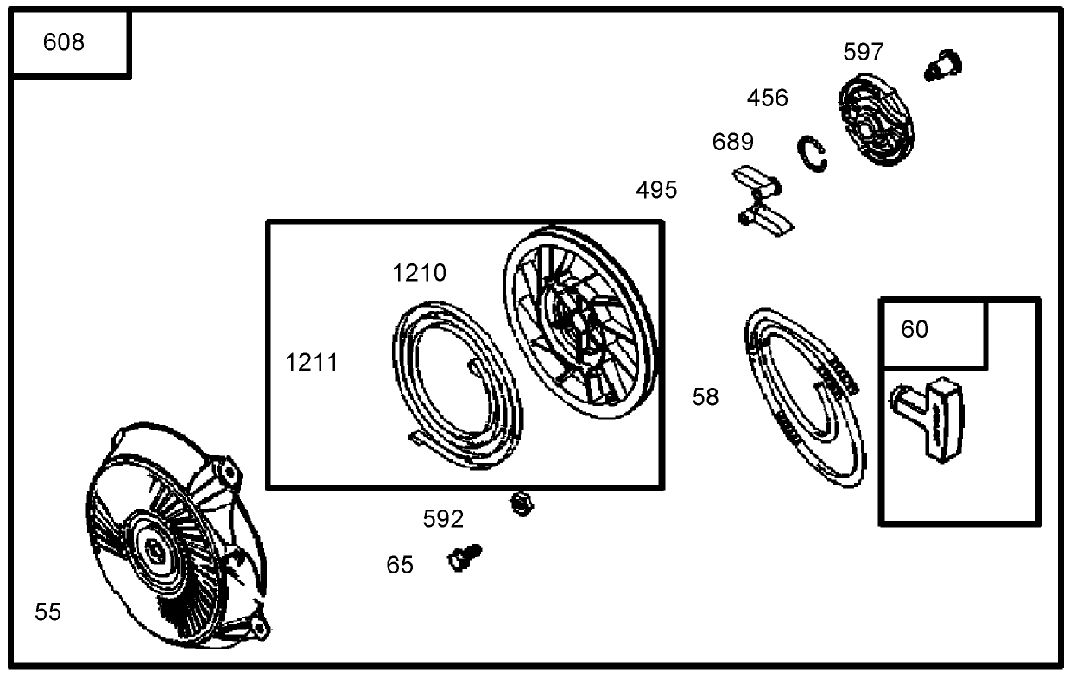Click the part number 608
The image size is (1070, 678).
(x=64, y=42)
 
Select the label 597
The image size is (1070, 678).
(x=863, y=52)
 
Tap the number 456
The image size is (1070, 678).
(x=767, y=98)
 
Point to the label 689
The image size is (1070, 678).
(x=732, y=142)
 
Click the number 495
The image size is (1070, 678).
(x=656, y=190)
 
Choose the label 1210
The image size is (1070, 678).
(x=420, y=273)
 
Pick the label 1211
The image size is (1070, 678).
(x=312, y=362)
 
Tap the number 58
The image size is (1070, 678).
(x=705, y=397)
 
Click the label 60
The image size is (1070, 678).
(x=915, y=329)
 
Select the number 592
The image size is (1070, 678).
(x=443, y=519)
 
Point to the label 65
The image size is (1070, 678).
(x=399, y=565)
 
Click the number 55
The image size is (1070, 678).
(x=47, y=612)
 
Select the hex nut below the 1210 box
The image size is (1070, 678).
(x=522, y=504)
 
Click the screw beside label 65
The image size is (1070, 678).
(x=465, y=558)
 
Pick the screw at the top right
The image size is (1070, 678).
(x=943, y=66)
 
